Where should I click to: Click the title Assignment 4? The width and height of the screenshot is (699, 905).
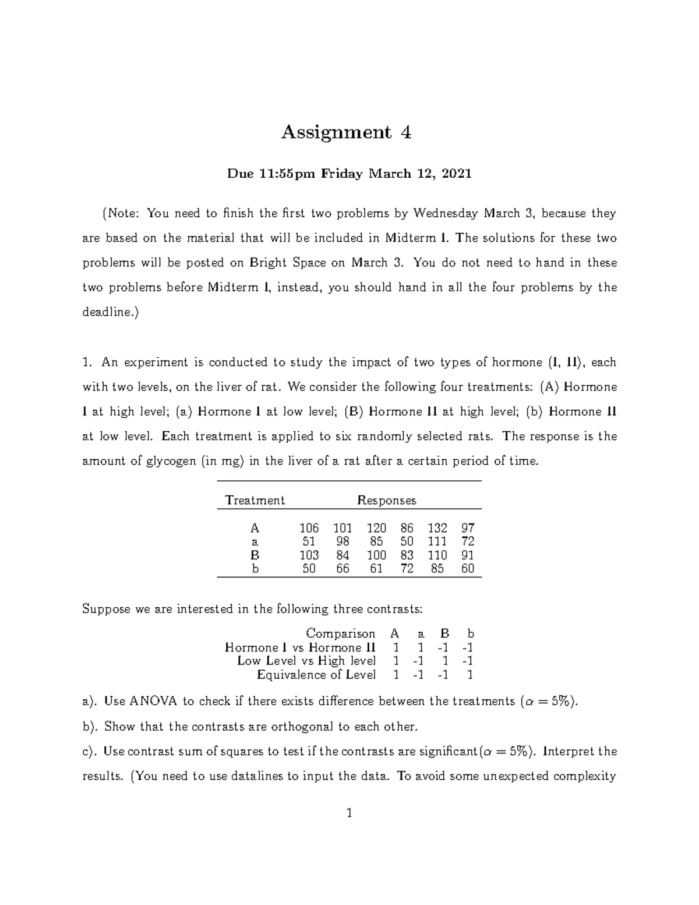coord(346,133)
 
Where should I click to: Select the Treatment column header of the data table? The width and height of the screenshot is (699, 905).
coord(255,501)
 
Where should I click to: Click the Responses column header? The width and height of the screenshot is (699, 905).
coord(387,501)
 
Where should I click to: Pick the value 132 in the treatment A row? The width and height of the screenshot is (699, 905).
coord(437,529)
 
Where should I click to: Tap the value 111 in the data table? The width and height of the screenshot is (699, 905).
coord(437,542)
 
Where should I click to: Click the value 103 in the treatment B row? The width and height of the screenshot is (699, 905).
coord(309,555)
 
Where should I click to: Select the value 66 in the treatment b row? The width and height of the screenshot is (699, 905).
coord(343,569)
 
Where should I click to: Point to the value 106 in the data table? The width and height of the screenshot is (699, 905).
coord(309,529)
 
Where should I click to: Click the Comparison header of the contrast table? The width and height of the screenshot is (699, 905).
coord(341,633)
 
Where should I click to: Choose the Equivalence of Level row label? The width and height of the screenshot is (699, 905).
coord(316,675)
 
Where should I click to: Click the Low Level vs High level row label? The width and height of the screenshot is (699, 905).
coord(306,661)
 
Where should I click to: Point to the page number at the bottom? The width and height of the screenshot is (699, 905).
coord(349,814)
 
